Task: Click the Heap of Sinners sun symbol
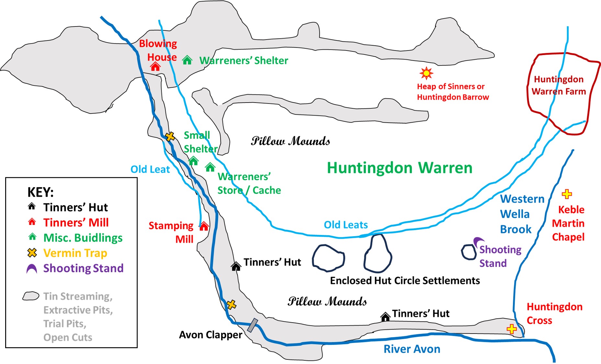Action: (x=426, y=73)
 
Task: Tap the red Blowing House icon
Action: (x=155, y=66)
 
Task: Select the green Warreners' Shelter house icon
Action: (x=187, y=60)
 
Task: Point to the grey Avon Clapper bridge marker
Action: (x=253, y=325)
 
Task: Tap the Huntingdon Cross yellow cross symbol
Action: (x=512, y=329)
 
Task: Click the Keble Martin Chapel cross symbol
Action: (x=567, y=194)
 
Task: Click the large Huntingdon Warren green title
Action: (x=400, y=168)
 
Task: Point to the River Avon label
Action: (x=412, y=349)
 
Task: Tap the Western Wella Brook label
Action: (x=522, y=214)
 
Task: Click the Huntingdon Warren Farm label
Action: (x=559, y=85)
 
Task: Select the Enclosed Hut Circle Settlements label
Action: (x=405, y=281)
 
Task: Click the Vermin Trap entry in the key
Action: (x=75, y=253)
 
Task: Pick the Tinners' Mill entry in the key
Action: (x=76, y=223)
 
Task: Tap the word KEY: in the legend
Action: (x=40, y=192)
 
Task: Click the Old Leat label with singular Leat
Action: (x=150, y=169)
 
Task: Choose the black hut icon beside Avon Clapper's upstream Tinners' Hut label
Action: (x=236, y=266)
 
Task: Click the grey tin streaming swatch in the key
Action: (x=31, y=296)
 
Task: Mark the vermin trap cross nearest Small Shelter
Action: (x=170, y=137)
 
